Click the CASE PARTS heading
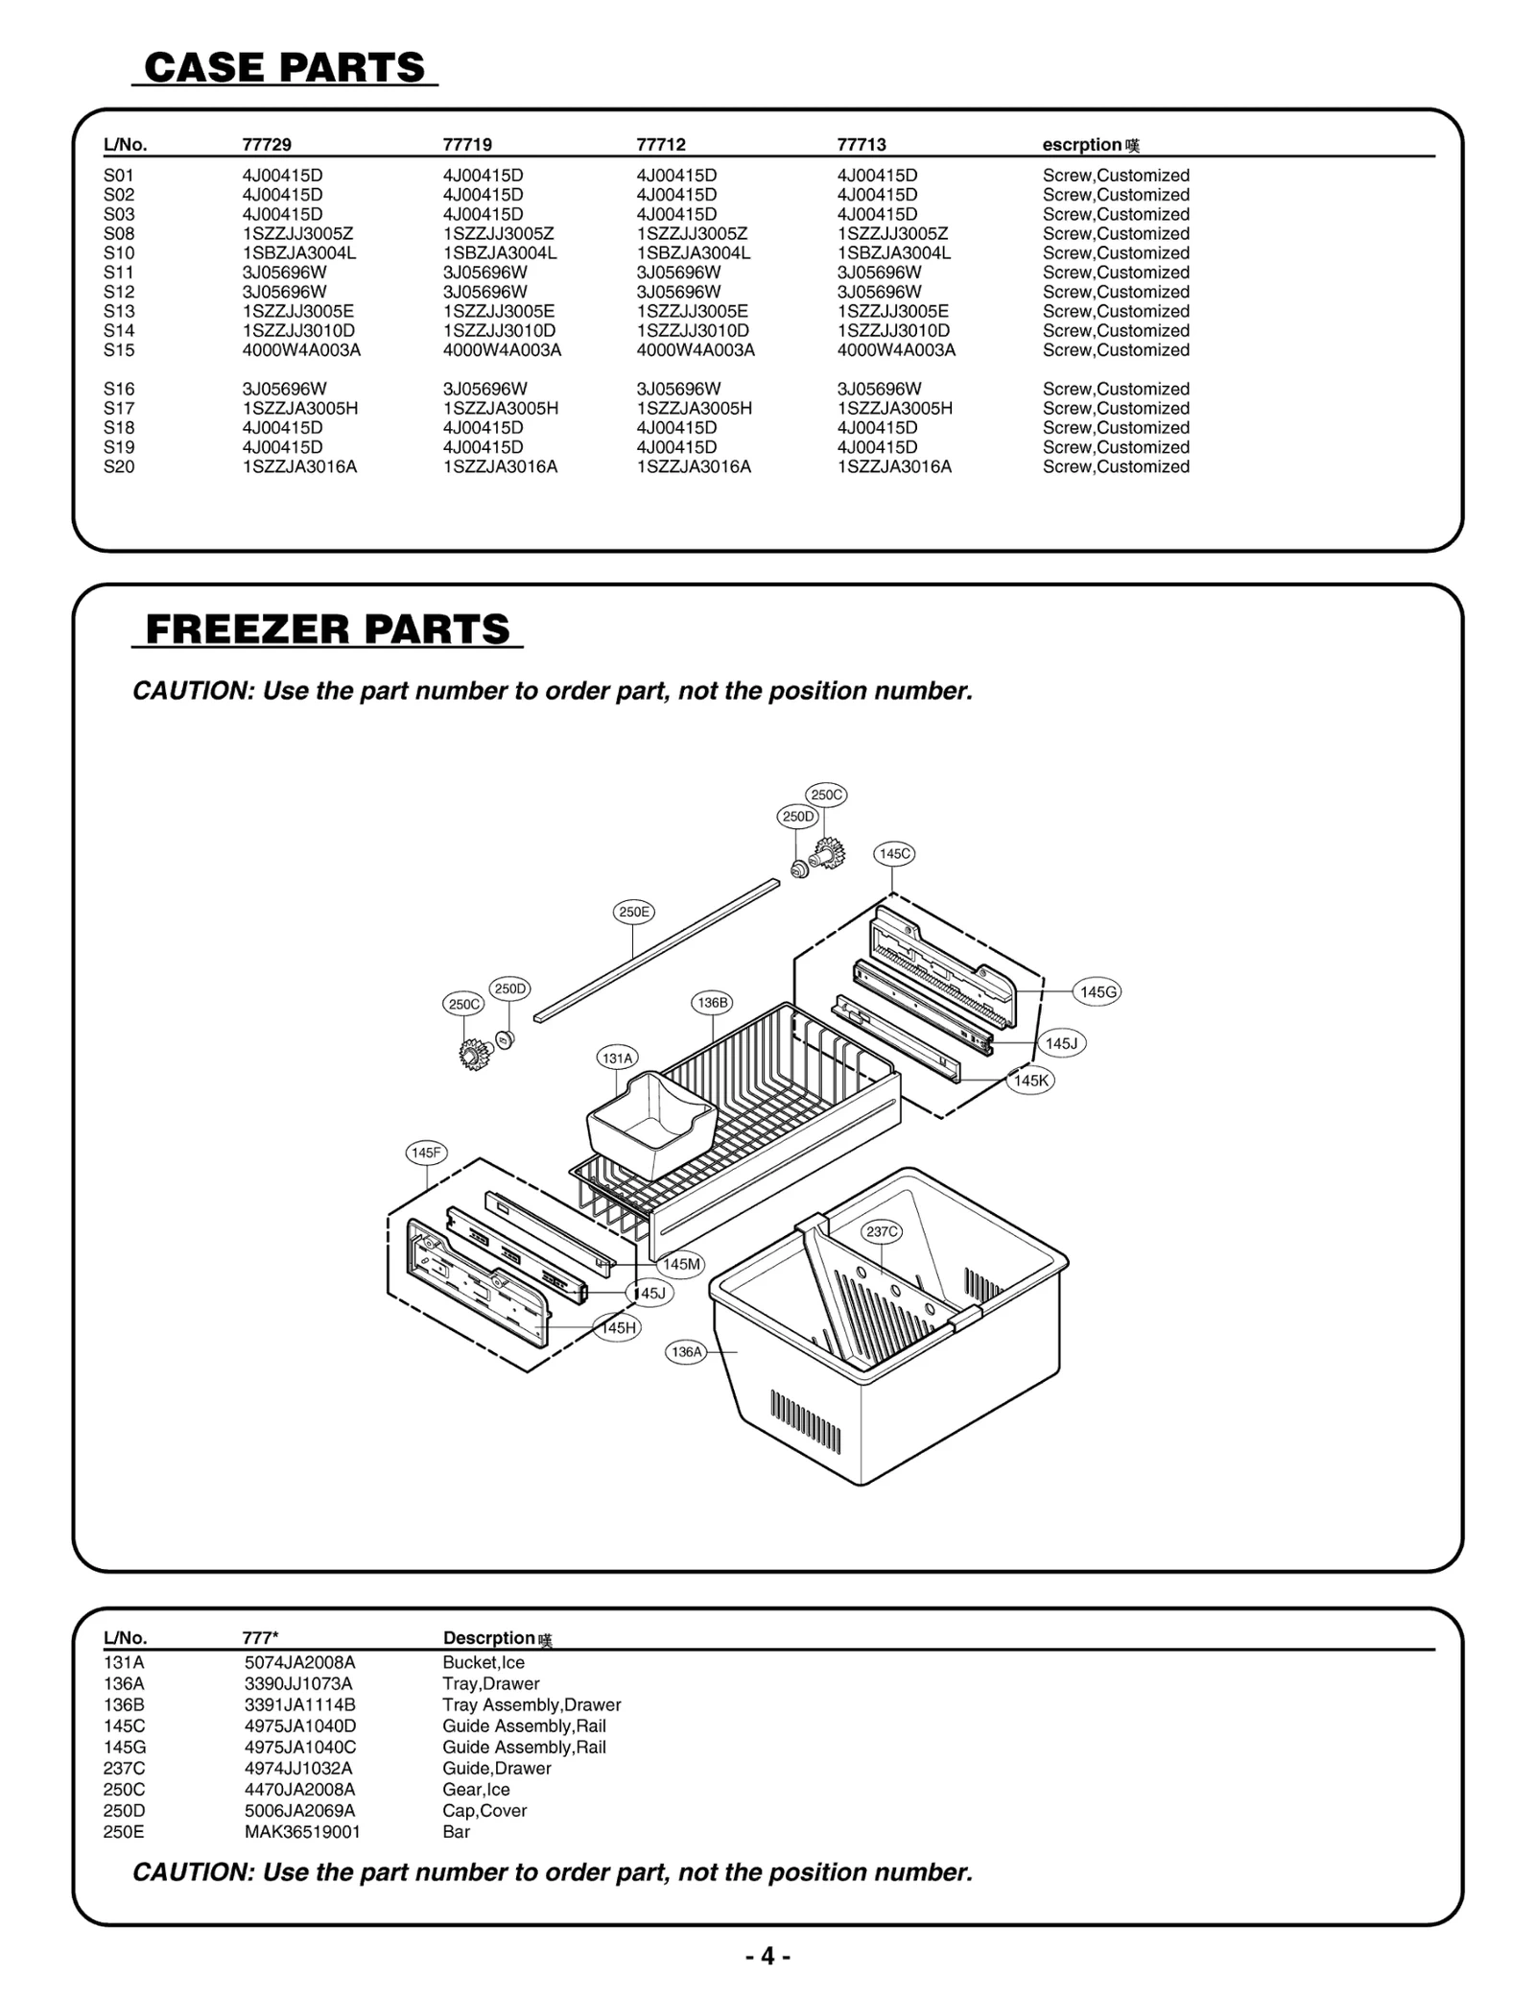click(x=284, y=67)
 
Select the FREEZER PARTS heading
click(x=327, y=630)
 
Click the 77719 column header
click(x=467, y=145)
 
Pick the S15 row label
click(x=119, y=350)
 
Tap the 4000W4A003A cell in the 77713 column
click(x=896, y=350)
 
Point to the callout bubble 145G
click(x=1098, y=992)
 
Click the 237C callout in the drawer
click(x=882, y=1231)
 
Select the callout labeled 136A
click(x=687, y=1352)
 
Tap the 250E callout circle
click(x=634, y=912)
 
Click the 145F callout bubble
click(x=426, y=1153)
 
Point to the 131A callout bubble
click(x=618, y=1059)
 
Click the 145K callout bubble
click(x=1031, y=1081)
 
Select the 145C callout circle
click(x=894, y=854)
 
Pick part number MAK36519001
click(x=302, y=1832)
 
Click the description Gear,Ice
click(x=476, y=1790)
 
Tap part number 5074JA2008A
click(x=299, y=1663)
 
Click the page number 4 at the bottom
click(x=767, y=1956)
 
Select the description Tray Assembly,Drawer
click(x=531, y=1705)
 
